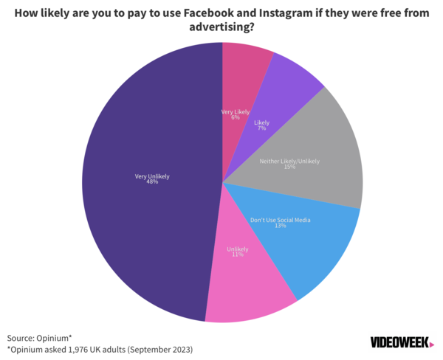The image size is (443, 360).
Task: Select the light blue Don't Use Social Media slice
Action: [x=310, y=243]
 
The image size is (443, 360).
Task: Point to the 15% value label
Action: [x=289, y=167]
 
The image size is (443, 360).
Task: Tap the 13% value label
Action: [x=280, y=226]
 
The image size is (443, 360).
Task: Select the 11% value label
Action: [x=237, y=256]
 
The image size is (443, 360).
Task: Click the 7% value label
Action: [x=261, y=128]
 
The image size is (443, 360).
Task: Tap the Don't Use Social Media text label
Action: [x=280, y=219]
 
